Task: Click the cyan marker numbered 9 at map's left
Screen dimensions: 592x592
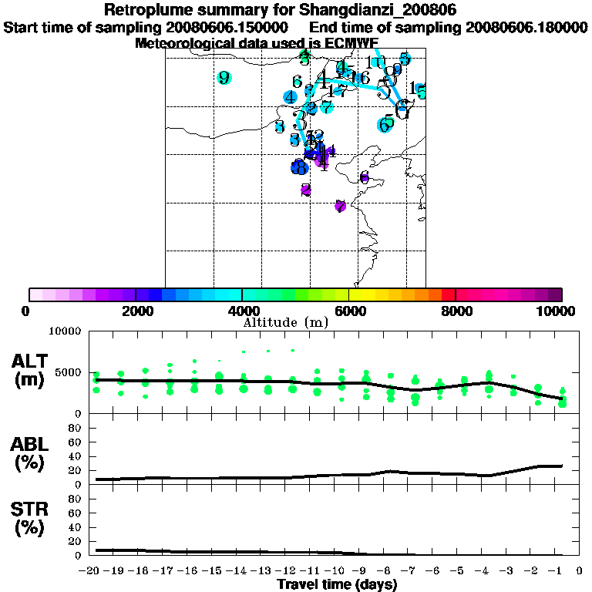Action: [224, 78]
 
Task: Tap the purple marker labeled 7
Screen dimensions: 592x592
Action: [340, 206]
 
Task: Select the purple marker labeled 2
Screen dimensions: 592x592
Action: [306, 190]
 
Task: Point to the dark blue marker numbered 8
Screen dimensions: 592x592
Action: [299, 166]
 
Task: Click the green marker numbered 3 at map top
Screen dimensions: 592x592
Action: [305, 56]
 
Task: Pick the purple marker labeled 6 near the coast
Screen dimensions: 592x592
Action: [365, 178]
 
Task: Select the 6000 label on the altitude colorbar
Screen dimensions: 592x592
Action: [349, 311]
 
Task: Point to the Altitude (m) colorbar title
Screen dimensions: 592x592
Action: [286, 322]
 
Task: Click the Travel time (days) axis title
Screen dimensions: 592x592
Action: [338, 584]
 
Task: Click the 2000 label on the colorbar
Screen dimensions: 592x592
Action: [136, 311]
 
